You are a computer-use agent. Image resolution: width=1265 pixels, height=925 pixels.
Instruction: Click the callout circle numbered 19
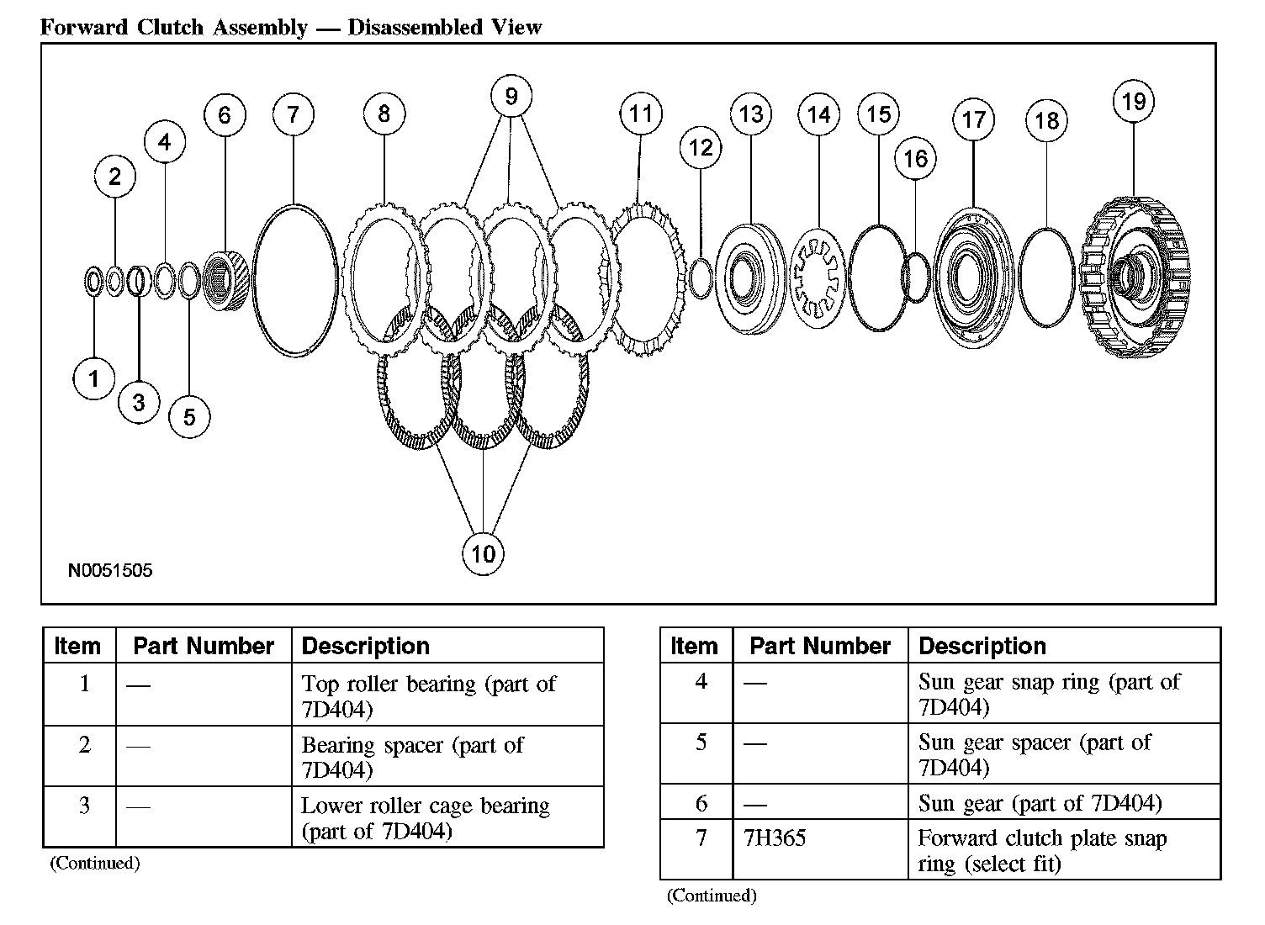point(1134,102)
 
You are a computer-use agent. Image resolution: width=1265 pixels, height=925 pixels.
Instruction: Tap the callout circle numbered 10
point(483,554)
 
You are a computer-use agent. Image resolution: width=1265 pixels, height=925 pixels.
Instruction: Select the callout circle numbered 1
point(93,378)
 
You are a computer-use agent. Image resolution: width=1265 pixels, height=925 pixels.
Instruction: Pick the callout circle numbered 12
point(701,148)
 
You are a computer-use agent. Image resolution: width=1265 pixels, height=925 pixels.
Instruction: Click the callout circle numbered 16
point(915,158)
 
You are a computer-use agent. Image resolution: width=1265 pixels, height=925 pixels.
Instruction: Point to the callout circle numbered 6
point(225,115)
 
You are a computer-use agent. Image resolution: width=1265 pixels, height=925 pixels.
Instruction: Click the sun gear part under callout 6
point(227,280)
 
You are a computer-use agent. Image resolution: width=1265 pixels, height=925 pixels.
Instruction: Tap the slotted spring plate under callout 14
point(818,277)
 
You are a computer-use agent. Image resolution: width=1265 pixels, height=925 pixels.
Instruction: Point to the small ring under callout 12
point(701,278)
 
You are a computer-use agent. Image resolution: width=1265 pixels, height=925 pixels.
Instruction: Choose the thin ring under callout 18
point(1045,277)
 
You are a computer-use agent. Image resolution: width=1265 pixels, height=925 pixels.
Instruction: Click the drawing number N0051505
point(110,571)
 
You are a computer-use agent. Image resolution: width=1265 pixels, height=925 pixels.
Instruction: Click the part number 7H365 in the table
point(775,838)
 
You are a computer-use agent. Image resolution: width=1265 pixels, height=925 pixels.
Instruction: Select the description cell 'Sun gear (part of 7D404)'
point(1040,804)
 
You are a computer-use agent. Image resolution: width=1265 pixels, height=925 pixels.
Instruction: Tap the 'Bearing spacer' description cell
point(412,757)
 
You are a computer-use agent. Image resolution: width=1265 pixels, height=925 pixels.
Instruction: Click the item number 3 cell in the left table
point(84,806)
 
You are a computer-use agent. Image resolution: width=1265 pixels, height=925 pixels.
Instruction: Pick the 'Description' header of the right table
point(982,646)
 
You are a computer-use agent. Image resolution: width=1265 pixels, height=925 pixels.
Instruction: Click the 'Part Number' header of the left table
point(204,646)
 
